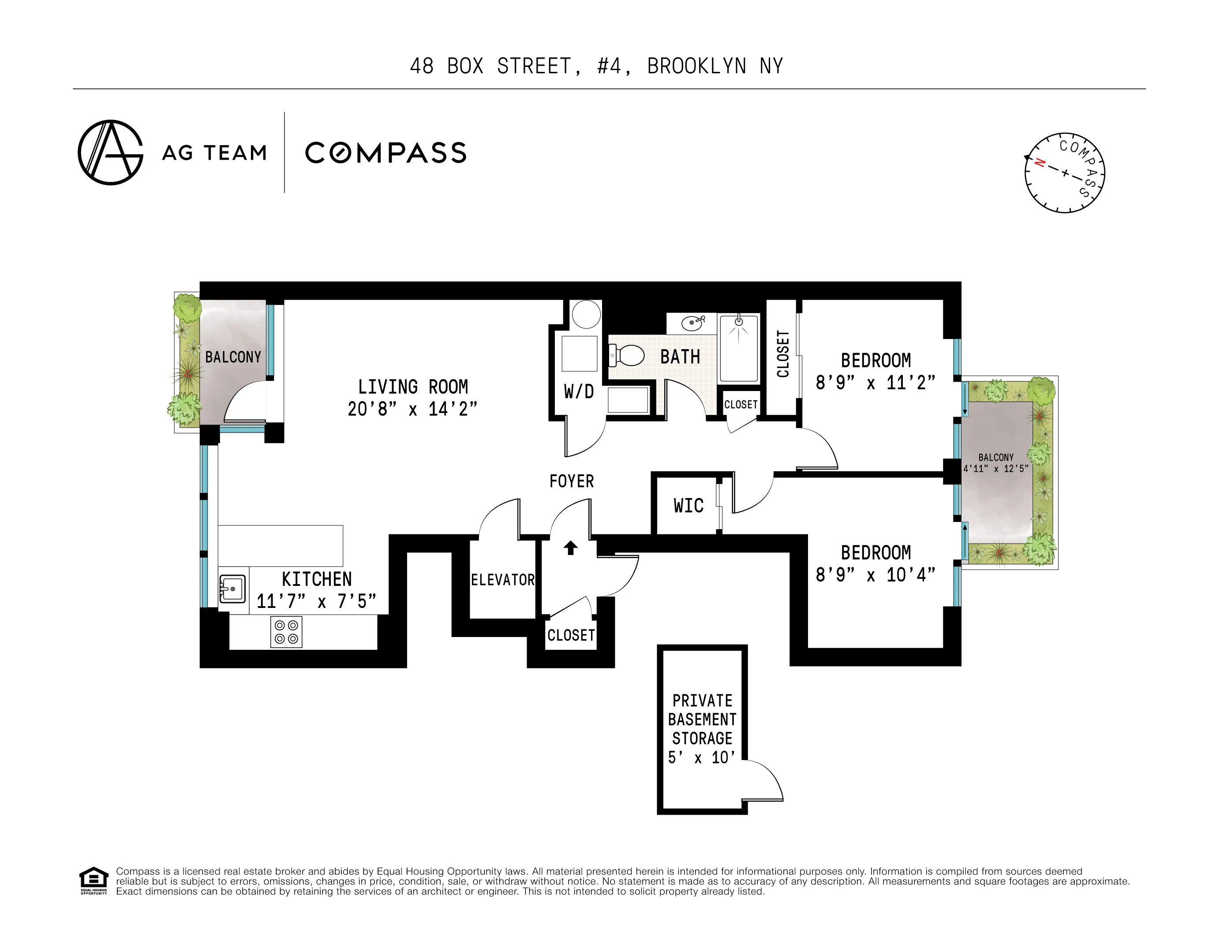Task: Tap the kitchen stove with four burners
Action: coord(286,632)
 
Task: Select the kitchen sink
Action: coord(233,589)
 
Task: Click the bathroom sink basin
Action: coord(692,323)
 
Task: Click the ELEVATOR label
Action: coord(502,580)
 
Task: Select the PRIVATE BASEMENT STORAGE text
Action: coord(702,719)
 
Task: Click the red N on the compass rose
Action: coord(1039,163)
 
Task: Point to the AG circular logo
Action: coord(111,153)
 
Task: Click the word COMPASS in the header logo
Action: coord(386,153)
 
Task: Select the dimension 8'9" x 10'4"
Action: coord(875,575)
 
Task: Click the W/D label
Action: coord(579,392)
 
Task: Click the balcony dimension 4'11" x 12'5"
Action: coord(996,469)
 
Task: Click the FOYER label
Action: coord(571,481)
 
